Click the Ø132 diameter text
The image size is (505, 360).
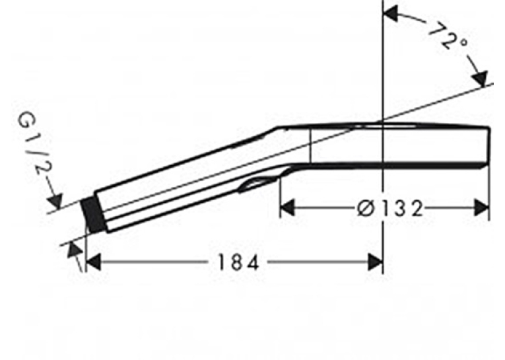389,209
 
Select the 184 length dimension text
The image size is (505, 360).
238,262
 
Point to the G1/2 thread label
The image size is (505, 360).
33,143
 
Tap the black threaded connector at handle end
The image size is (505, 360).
93,215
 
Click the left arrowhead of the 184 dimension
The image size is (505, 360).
94,262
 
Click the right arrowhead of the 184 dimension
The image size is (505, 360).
376,262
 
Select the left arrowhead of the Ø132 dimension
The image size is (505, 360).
287,207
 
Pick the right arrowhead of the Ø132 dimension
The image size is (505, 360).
482,207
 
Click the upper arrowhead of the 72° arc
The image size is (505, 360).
391,13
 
